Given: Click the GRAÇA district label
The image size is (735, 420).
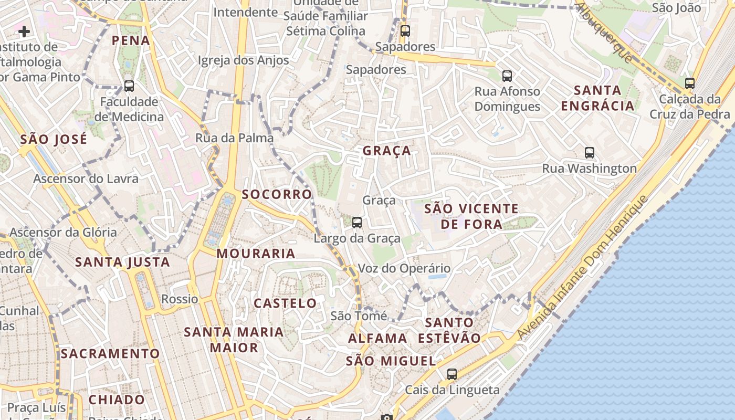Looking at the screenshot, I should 387,151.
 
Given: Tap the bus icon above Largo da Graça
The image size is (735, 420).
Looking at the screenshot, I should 357,222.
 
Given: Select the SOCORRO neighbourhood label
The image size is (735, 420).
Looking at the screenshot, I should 277,194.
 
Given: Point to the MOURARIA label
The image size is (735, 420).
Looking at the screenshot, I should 256,254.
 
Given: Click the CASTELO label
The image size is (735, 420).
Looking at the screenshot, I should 285,303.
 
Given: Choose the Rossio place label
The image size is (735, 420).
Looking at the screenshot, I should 180,299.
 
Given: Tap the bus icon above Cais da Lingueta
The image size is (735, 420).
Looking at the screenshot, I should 452,374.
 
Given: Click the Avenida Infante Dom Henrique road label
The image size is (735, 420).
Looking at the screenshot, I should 583,268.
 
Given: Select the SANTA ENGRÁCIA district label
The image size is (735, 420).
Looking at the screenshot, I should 597,98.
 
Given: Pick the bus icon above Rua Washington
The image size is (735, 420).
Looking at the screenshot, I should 590,153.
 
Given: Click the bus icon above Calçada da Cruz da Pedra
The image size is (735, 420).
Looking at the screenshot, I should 690,83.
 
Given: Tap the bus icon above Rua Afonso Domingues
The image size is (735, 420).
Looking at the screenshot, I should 507,76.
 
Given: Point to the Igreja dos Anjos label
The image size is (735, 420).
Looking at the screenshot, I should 243,60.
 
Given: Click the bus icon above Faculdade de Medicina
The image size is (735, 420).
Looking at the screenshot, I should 129,86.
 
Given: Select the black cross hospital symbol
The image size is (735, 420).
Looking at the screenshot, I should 24,31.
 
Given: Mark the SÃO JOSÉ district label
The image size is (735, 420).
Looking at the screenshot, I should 54,140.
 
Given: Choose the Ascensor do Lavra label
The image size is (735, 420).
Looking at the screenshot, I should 86,178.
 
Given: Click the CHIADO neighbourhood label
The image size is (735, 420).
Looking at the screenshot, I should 117,400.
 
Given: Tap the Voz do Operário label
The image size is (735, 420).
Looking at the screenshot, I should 404,269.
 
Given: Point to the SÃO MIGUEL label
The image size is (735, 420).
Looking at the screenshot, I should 391,361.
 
